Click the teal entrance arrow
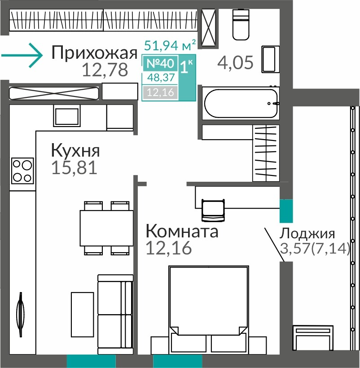point(22,55)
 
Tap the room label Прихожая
point(94,53)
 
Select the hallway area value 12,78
point(105,70)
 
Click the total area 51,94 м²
point(170,45)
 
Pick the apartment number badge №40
point(160,63)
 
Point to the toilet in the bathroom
point(241,25)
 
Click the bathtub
point(241,103)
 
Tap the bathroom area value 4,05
point(235,63)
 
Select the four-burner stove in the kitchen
point(22,171)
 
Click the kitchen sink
point(67,116)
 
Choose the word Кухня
point(75,150)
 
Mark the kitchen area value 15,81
point(74,167)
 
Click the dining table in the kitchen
point(106,228)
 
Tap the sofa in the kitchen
point(115,315)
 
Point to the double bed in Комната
point(209,310)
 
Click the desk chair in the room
point(213,210)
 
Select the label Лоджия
point(307,234)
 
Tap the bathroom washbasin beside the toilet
point(270,59)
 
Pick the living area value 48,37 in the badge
point(161,77)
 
